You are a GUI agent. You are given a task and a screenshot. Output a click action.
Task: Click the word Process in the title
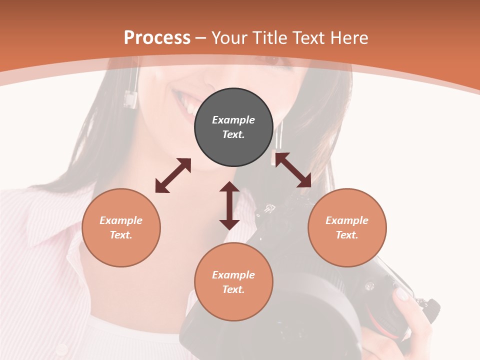pyautogui.click(x=157, y=37)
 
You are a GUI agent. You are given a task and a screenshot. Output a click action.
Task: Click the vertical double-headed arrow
pyautogui.click(x=229, y=205)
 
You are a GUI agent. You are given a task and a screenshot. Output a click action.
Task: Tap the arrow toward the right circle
pyautogui.click(x=293, y=170)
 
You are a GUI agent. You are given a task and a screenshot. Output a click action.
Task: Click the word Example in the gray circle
pyautogui.click(x=233, y=120)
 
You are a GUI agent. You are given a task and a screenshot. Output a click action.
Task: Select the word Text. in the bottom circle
pyautogui.click(x=233, y=289)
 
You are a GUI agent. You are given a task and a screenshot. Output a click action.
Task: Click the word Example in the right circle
pyautogui.click(x=347, y=220)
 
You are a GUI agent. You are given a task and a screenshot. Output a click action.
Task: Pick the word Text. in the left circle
pyautogui.click(x=121, y=235)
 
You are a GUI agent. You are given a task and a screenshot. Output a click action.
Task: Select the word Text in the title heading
pyautogui.click(x=308, y=37)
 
